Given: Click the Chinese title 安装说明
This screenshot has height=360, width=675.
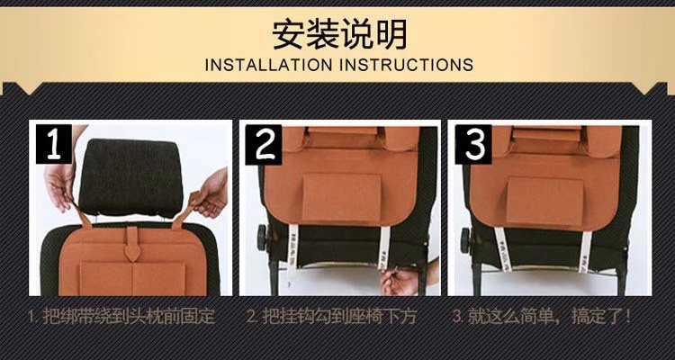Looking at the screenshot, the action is [x=339, y=33].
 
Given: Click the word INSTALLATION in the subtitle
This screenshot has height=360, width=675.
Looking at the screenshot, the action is [x=269, y=65].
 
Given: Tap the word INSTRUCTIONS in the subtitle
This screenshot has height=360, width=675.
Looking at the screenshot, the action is [x=406, y=65].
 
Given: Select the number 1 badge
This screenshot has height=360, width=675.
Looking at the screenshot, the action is [x=53, y=144].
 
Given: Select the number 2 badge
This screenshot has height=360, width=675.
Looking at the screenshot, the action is [x=264, y=145].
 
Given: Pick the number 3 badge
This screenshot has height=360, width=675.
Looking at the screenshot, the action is [x=473, y=145].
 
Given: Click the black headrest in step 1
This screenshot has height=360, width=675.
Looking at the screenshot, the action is [x=130, y=177].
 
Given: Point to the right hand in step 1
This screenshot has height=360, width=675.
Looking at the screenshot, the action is [x=211, y=193].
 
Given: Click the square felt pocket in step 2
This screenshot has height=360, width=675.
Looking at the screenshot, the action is [x=342, y=198].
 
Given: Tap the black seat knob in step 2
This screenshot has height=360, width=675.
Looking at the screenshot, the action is [x=262, y=238].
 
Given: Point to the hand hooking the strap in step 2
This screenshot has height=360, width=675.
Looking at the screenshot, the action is [x=401, y=279].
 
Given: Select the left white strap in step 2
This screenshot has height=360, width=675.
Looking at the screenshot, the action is [x=293, y=247].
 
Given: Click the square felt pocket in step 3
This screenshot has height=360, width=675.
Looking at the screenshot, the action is [x=544, y=201].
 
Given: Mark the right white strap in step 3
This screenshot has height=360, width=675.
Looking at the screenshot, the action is [x=585, y=250].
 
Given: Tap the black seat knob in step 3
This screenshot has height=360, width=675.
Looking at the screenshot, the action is [x=465, y=240].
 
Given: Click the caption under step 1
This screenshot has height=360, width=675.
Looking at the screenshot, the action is [x=121, y=317].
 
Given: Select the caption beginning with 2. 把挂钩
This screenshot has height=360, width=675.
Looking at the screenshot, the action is [x=331, y=317].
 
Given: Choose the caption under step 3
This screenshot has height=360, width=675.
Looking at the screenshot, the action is [x=541, y=317].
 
